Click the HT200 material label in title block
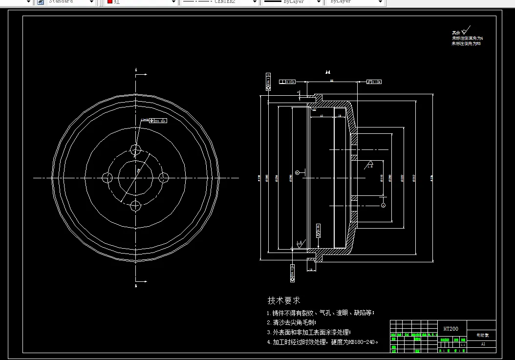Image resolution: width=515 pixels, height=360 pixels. click(451, 329)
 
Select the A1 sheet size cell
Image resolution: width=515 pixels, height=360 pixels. click(483, 344)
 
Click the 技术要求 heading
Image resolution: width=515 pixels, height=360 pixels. click(283, 300)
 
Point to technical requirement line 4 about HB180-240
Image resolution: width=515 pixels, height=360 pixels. click(322, 342)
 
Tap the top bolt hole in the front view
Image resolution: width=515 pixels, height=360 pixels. click(136, 148)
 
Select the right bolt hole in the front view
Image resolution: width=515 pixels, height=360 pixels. click(164, 177)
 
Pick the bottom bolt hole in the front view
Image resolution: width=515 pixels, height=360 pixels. click(136, 205)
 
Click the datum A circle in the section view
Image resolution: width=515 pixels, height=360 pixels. click(383, 205)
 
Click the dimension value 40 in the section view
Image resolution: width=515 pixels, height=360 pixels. click(321, 116)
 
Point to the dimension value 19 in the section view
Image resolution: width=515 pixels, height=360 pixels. click(339, 116)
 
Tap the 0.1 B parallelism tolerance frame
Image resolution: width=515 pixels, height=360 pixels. click(374, 82)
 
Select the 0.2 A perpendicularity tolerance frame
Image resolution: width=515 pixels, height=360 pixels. click(288, 82)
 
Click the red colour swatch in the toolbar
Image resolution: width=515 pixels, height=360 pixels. click(109, 2)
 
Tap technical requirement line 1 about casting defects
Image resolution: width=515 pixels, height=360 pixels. click(321, 313)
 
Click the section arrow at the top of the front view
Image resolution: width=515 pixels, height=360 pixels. click(142, 75)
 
